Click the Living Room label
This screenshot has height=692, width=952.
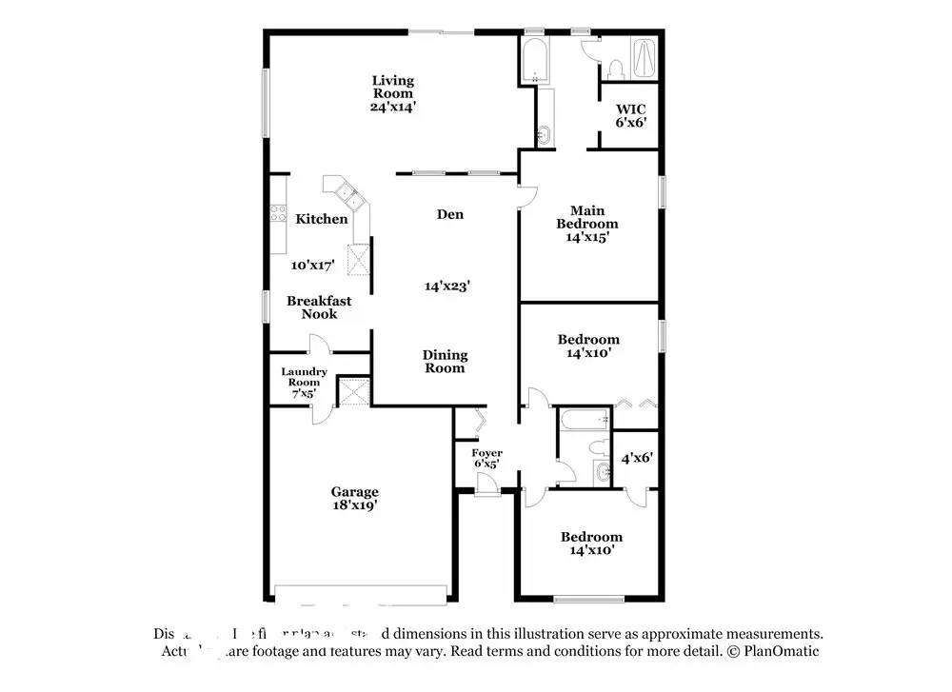(392, 87)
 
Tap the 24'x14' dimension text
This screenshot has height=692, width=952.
(392, 107)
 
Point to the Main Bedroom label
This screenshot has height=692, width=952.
(587, 217)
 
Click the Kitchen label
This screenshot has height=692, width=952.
(322, 219)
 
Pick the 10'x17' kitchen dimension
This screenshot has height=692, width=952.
(313, 267)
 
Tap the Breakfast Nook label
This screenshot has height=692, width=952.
(319, 307)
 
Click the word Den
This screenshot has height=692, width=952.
(450, 214)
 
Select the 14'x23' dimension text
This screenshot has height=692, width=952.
(446, 285)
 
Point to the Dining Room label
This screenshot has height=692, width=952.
(446, 362)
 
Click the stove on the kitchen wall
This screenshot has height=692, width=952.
(279, 214)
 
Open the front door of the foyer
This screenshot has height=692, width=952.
(487, 484)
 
